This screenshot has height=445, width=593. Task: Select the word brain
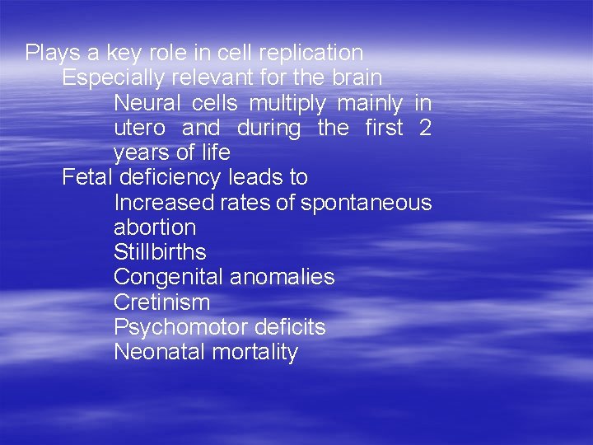point(357,78)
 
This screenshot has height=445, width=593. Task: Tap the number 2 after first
point(425,128)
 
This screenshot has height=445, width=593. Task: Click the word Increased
point(163,203)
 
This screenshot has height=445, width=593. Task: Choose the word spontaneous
point(366,204)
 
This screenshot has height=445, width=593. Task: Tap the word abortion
point(155,227)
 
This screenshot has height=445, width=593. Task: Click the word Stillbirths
point(160,252)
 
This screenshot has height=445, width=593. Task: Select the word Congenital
point(168,278)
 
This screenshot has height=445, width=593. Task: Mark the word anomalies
point(282,277)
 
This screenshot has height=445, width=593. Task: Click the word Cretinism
point(161,302)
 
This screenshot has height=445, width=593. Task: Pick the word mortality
point(254,353)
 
